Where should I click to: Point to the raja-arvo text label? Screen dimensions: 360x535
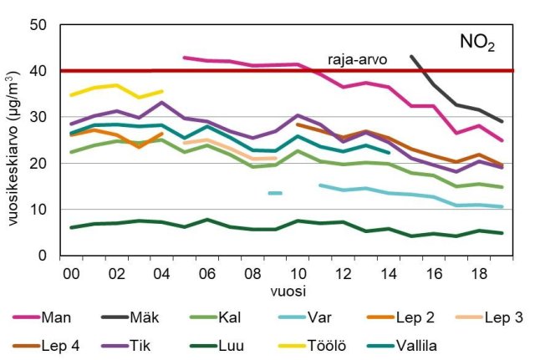pos(349,60)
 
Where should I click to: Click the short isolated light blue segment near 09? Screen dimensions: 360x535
pos(275,193)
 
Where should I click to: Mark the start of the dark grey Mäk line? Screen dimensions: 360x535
pos(411,56)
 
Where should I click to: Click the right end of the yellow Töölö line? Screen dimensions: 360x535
pos(162,91)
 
